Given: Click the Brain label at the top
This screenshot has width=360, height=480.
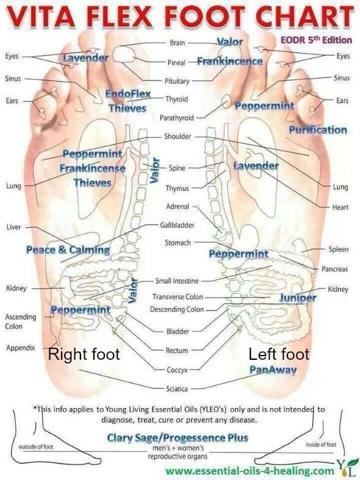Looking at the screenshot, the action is [x=178, y=43].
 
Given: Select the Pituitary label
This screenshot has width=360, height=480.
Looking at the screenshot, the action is [x=177, y=81].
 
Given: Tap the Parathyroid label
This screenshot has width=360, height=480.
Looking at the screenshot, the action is [x=177, y=118].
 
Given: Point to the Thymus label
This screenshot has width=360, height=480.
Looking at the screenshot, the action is [x=177, y=188].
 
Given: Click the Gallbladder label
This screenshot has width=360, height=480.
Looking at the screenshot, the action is [x=177, y=225].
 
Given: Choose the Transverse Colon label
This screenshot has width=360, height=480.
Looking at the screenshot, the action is [x=178, y=296].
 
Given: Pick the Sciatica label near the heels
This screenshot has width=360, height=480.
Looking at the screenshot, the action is [x=177, y=389].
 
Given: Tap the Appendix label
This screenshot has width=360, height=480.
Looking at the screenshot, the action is [x=21, y=348].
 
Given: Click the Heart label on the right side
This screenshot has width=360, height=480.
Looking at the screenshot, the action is [x=340, y=207].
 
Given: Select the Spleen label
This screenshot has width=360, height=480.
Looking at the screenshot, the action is [x=339, y=249].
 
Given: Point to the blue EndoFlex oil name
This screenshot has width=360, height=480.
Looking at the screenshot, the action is [x=128, y=94].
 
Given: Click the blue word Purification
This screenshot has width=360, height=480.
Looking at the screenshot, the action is [x=318, y=130].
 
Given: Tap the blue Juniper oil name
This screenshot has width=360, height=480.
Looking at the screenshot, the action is [x=298, y=298].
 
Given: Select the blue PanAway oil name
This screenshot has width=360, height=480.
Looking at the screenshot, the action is [x=273, y=370].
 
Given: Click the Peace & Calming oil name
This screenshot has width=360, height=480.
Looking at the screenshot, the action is [x=68, y=250].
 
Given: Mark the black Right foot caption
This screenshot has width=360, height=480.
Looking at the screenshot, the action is [x=84, y=354].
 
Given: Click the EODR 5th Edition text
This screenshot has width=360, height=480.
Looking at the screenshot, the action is [x=316, y=40].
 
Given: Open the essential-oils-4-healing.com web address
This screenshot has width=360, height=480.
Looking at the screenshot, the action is [x=250, y=470].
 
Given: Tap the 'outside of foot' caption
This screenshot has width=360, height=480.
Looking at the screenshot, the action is [x=36, y=446].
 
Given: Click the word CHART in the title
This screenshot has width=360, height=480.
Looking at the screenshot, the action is [x=304, y=16].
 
